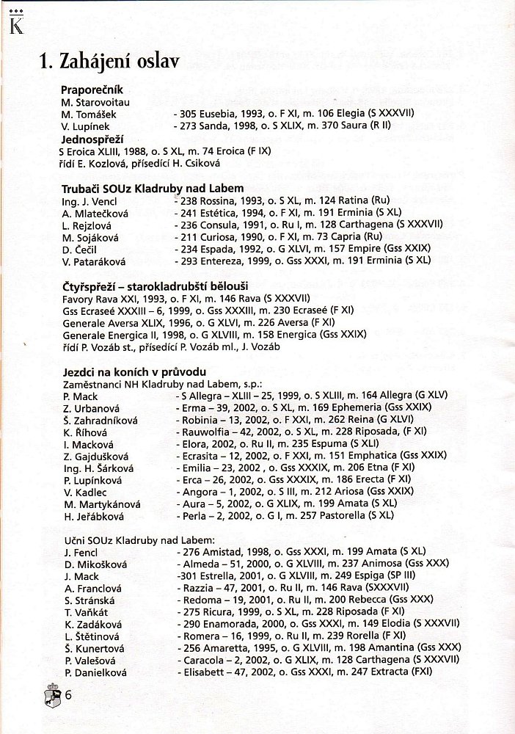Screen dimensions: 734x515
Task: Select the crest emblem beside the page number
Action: click(51, 694)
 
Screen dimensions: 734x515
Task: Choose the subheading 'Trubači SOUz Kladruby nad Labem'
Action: click(153, 188)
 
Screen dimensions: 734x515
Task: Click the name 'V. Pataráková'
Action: click(96, 262)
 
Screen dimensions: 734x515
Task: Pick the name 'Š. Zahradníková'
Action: click(101, 420)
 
